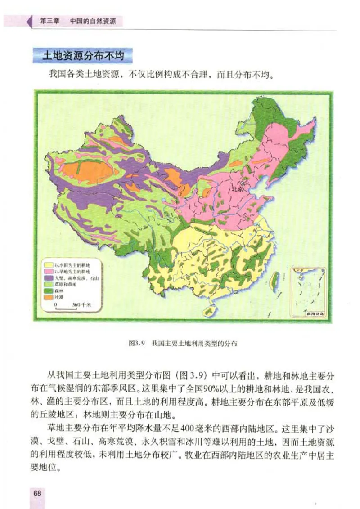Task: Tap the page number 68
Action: pyautogui.click(x=37, y=493)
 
